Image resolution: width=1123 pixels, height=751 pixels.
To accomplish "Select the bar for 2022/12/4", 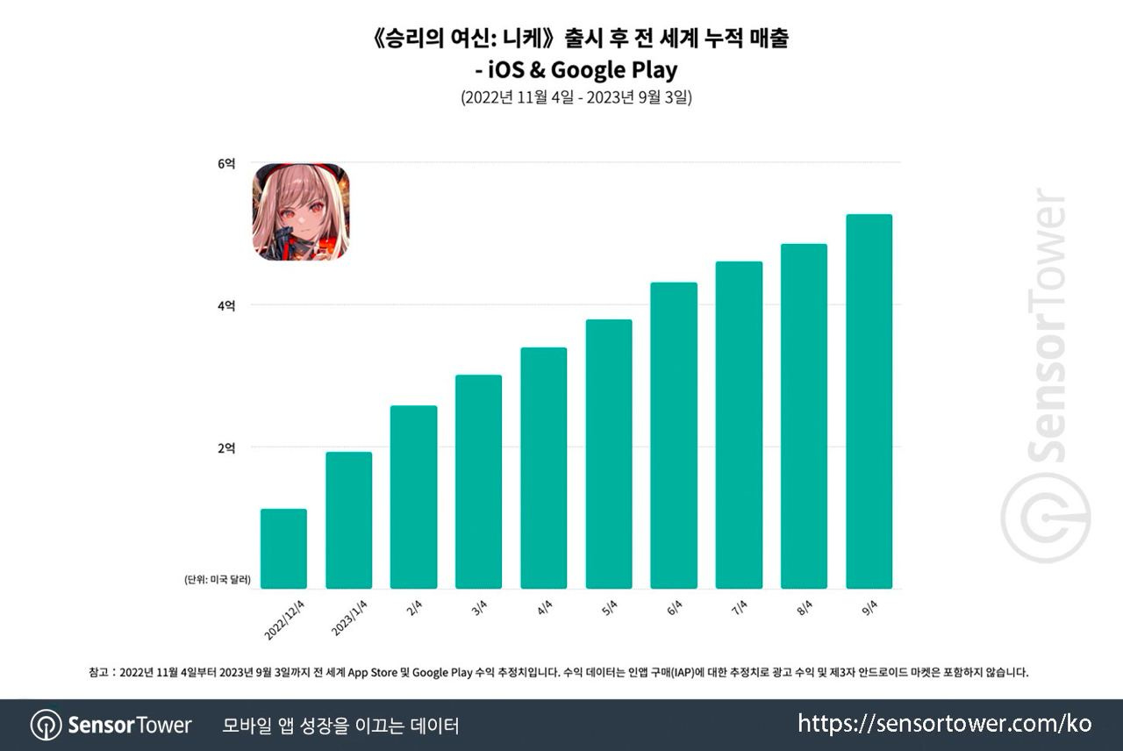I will [283, 548].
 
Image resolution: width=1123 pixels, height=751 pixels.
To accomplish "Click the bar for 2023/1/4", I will [348, 520].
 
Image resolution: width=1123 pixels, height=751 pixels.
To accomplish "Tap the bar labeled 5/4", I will [609, 454].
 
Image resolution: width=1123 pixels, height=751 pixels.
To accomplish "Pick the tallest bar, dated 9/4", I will [869, 401].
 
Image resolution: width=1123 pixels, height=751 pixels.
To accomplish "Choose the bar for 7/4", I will [739, 425].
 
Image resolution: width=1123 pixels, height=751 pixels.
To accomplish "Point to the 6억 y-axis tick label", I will [225, 163].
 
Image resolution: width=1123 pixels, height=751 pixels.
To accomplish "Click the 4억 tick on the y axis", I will [225, 305].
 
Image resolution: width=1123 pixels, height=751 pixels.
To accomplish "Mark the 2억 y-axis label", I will [225, 447].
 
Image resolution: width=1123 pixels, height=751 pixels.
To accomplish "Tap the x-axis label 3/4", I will [479, 608].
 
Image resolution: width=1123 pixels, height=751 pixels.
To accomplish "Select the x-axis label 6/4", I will [674, 608].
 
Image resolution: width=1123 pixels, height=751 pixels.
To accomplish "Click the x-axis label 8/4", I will [804, 608].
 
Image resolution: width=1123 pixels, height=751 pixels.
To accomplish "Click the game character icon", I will [301, 211].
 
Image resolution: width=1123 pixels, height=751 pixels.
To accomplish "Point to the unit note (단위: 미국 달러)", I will [218, 580].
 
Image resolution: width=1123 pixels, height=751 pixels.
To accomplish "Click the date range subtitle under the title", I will [576, 98].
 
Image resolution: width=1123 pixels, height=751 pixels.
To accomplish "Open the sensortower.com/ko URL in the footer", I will [945, 724].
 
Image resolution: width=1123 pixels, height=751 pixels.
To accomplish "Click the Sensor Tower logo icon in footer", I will [46, 726].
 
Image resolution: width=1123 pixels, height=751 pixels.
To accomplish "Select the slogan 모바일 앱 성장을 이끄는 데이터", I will [340, 726].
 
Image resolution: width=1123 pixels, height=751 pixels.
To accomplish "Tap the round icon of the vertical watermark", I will [1046, 518].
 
